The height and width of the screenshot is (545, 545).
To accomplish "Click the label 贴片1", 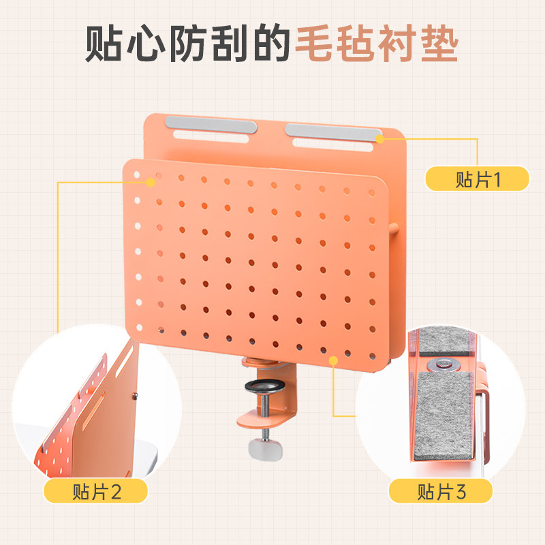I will click(x=477, y=178).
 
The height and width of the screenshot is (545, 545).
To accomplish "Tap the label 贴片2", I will click(x=96, y=490).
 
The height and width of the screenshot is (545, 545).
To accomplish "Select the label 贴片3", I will click(x=441, y=490).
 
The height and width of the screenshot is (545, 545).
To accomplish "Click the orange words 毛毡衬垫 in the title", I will click(x=377, y=44).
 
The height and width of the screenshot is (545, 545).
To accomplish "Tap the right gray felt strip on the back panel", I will click(x=331, y=129).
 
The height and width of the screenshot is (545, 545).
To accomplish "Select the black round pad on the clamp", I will click(x=261, y=388).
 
